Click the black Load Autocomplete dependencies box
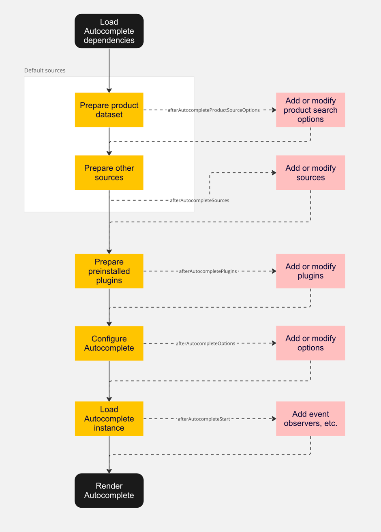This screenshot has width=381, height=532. coord(109,31)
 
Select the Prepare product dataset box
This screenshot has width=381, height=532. coord(109,110)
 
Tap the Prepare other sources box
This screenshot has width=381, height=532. coord(109,173)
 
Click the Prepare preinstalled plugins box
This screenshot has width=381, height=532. coord(109,271)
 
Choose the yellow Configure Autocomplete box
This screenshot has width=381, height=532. coord(109,343)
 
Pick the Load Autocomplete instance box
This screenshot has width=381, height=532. coord(109,418)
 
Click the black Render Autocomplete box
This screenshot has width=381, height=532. coord(109,490)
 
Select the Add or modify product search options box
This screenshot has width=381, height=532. coord(310,110)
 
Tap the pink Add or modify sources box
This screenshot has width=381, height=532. coord(310,173)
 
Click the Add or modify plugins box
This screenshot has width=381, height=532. coord(310,271)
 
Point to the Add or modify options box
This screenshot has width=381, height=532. coord(310,343)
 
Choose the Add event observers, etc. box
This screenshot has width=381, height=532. coord(310,418)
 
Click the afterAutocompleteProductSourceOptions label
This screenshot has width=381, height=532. coord(214,110)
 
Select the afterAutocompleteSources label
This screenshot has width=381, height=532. coord(199,200)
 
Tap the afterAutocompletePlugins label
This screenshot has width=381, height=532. coord(208,271)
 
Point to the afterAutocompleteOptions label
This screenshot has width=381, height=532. coord(205,343)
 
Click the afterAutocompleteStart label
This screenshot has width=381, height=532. coord(204,419)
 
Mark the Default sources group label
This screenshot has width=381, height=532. coord(45,71)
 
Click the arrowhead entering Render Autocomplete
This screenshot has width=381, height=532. coord(109,471)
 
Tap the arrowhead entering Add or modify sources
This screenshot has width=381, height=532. coord(274,173)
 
